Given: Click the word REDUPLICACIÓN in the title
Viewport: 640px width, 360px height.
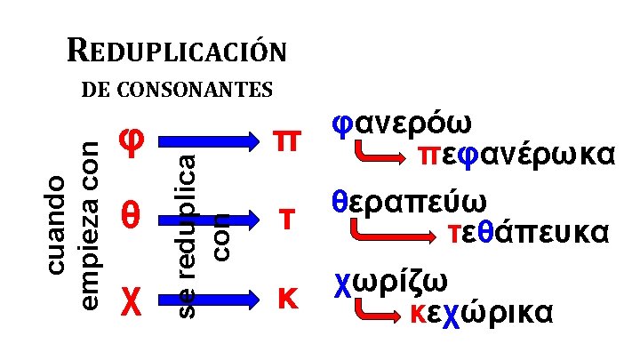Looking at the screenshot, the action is point(177,51).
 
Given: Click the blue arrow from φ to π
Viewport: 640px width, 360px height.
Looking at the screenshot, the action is point(204,140).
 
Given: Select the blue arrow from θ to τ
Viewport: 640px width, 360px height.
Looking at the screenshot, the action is point(204,216).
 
